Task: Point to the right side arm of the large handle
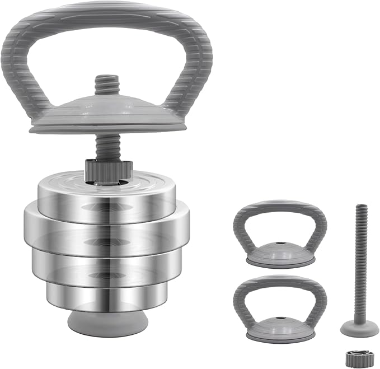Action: tap(193, 73)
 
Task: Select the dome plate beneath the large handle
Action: tap(106, 112)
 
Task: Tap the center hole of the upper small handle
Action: tap(280, 245)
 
